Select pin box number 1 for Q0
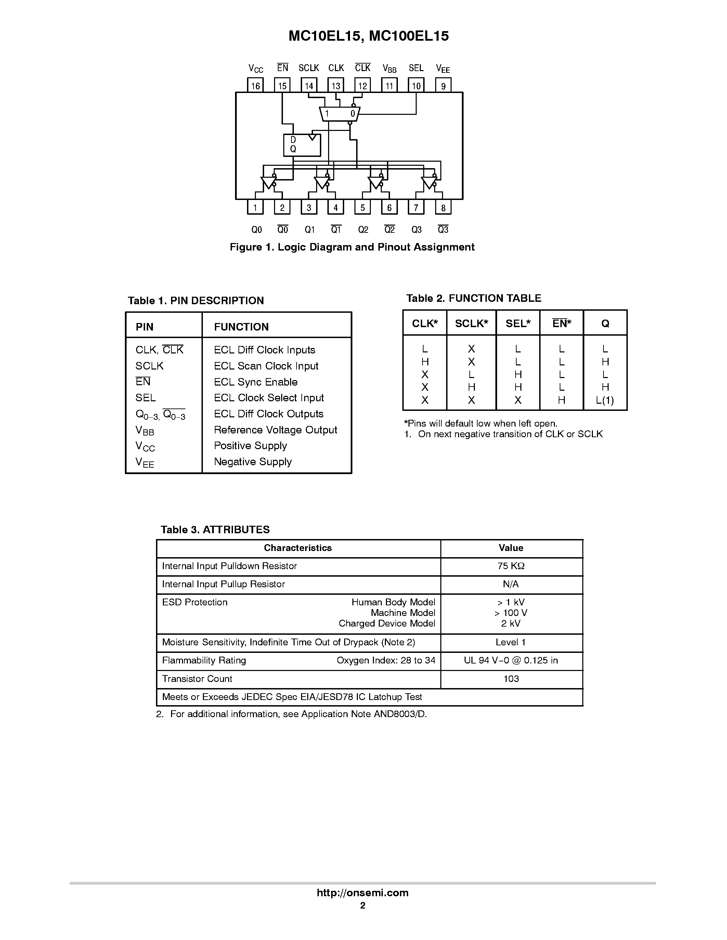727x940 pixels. click(x=255, y=207)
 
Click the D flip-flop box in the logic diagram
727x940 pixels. click(x=302, y=145)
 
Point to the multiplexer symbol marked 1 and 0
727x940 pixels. click(x=340, y=113)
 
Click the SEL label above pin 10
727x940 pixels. click(x=416, y=68)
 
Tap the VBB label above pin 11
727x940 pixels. click(x=389, y=68)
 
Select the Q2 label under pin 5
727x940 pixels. click(x=363, y=230)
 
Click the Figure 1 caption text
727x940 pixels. click(x=352, y=247)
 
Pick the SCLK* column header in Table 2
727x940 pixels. click(x=471, y=324)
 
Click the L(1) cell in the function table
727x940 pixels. click(x=605, y=400)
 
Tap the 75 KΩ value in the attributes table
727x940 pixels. click(x=511, y=566)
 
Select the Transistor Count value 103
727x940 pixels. click(x=511, y=679)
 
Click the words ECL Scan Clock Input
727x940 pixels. click(x=266, y=366)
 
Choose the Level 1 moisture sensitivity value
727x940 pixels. click(x=511, y=642)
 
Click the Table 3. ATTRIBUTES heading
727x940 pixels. click(x=215, y=529)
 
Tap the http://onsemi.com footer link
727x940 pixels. click(x=363, y=892)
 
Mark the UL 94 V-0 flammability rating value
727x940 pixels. click(x=511, y=660)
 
